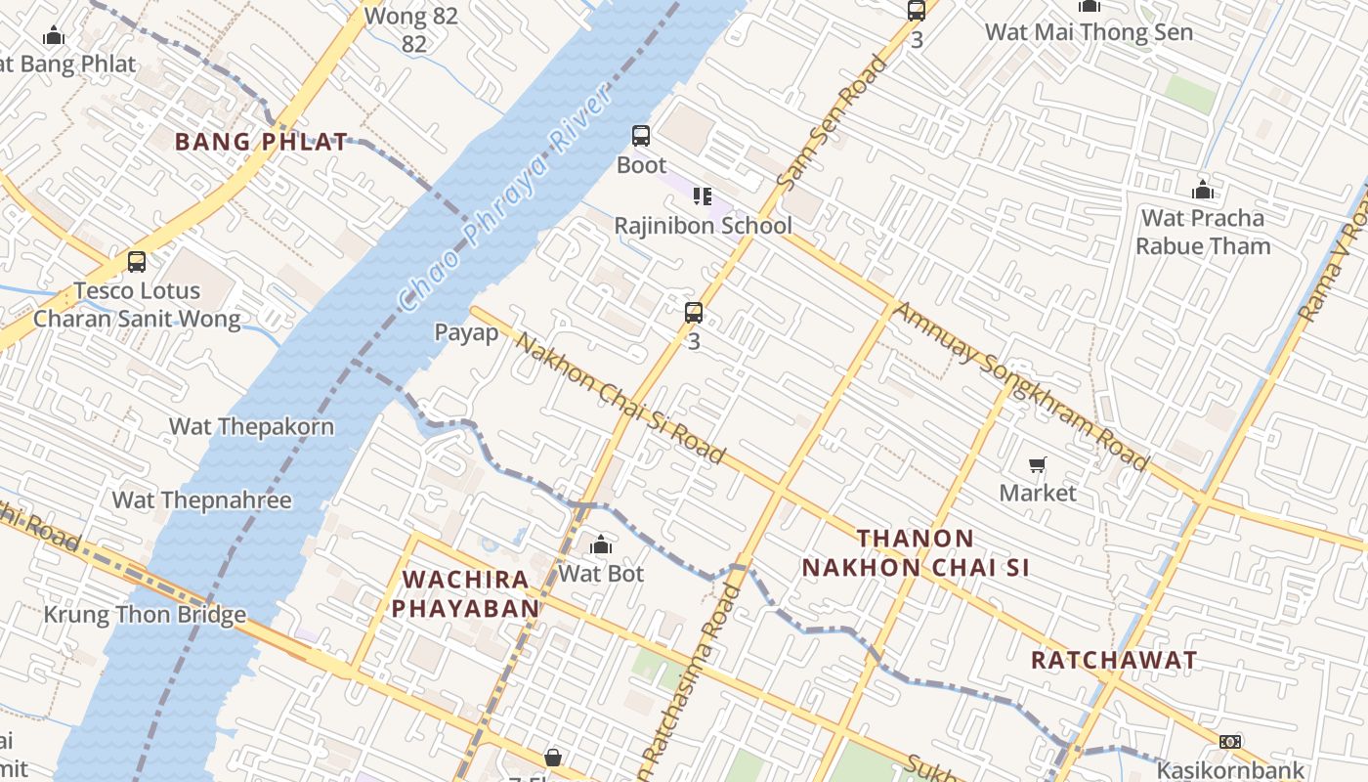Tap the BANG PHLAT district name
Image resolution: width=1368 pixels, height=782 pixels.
pyautogui.click(x=261, y=142)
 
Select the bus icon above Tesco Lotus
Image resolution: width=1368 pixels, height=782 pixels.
pyautogui.click(x=137, y=262)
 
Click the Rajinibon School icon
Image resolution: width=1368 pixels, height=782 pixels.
pyautogui.click(x=702, y=196)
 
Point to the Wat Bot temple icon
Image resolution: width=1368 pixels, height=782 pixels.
pyautogui.click(x=601, y=544)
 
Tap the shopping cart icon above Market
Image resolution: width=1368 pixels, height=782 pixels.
pyautogui.click(x=1038, y=464)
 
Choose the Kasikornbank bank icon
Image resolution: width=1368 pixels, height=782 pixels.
pyautogui.click(x=1230, y=742)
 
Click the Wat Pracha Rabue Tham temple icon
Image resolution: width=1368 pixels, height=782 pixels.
pyautogui.click(x=1203, y=189)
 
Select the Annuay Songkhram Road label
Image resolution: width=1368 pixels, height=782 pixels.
pyautogui.click(x=1020, y=385)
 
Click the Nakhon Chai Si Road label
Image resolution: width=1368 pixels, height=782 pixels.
pyautogui.click(x=620, y=398)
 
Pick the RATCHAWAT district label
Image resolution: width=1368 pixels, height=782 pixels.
pyautogui.click(x=1114, y=660)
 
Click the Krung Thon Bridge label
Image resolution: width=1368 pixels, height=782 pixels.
pyautogui.click(x=145, y=615)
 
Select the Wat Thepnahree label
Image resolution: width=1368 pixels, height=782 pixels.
pyautogui.click(x=202, y=500)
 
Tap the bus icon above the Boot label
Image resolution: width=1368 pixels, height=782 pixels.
pyautogui.click(x=641, y=136)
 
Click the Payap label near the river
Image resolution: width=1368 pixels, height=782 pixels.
pyautogui.click(x=467, y=332)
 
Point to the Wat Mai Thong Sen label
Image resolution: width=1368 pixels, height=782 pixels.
pyautogui.click(x=1089, y=32)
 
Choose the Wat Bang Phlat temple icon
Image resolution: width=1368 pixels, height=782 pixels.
pyautogui.click(x=54, y=36)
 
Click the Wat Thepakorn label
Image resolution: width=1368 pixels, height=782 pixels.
pyautogui.click(x=251, y=426)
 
